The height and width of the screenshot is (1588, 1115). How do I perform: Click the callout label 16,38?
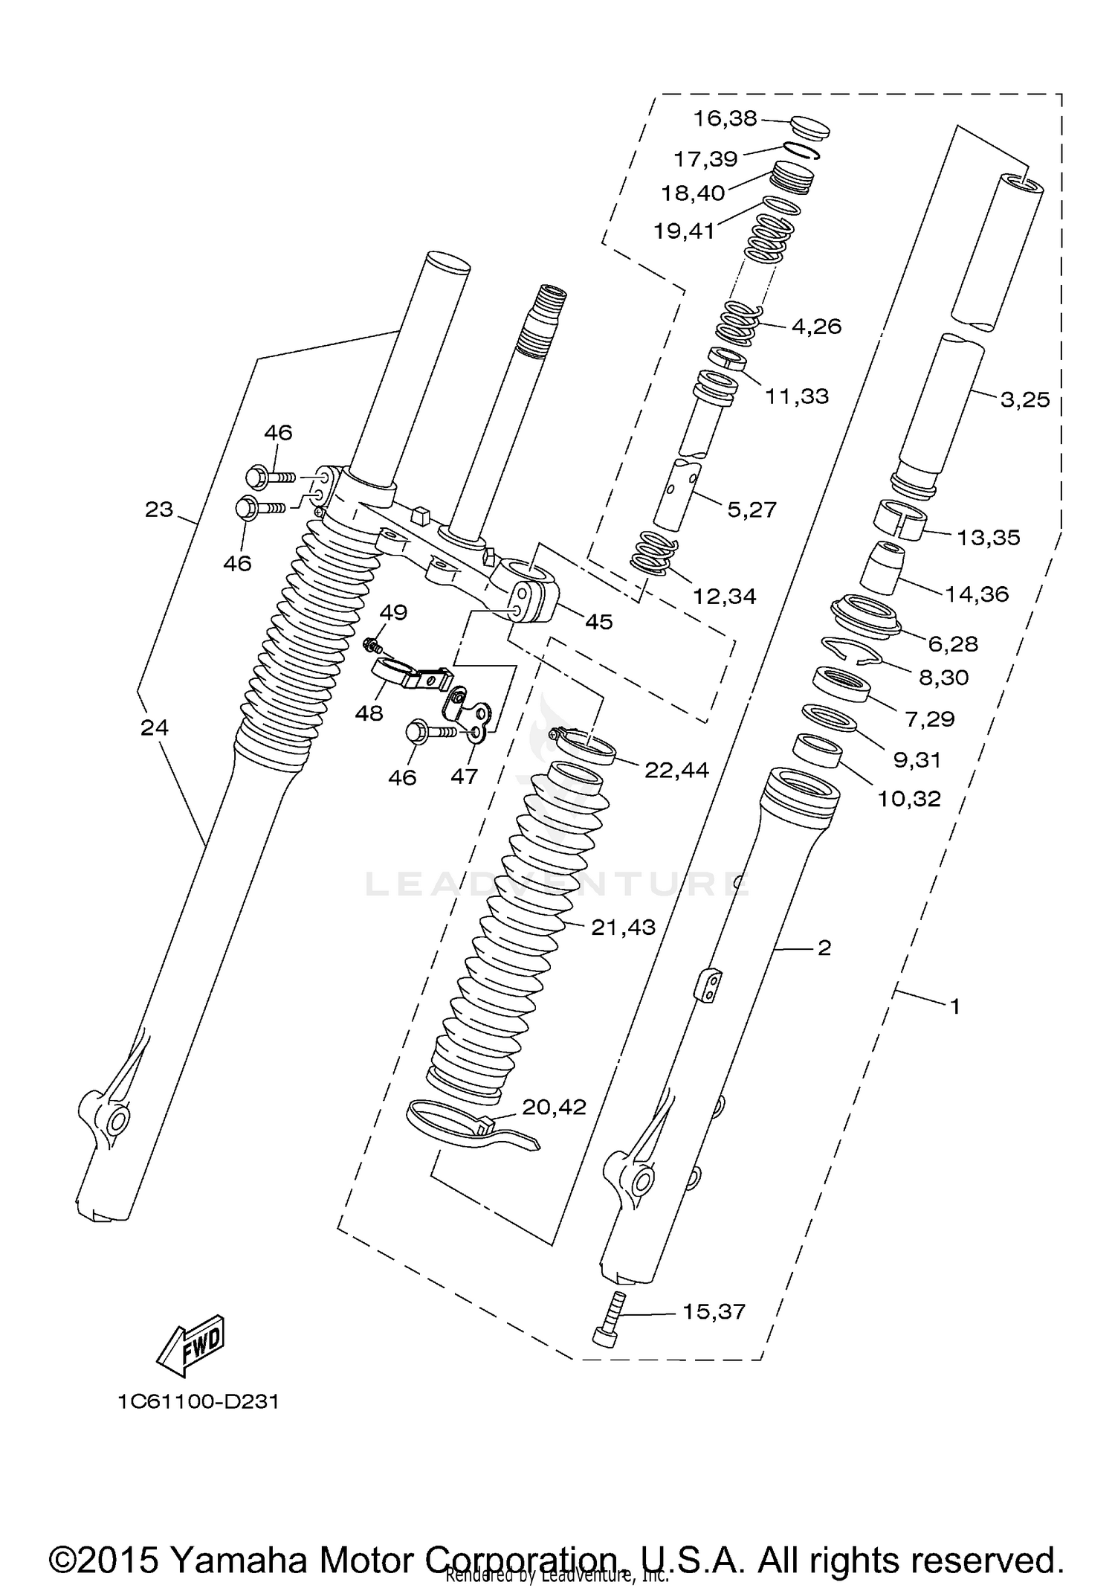pos(725,118)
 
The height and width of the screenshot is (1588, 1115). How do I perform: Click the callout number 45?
pos(598,622)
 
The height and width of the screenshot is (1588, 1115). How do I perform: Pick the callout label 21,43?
pos(623,927)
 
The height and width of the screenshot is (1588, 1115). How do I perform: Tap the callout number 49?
pos(393,612)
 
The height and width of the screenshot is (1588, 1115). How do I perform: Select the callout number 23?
pos(159,509)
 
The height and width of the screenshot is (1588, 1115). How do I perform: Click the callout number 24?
pos(155,727)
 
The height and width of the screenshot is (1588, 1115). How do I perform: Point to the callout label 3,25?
pos(1025,399)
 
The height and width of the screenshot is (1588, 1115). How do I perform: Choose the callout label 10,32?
pos(909,799)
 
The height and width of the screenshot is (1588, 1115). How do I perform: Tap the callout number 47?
pos(465,777)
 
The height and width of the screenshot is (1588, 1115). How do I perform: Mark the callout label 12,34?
pos(724,596)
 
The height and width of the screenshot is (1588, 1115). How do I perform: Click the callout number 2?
pos(824,948)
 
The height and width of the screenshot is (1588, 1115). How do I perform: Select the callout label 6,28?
pos(953,643)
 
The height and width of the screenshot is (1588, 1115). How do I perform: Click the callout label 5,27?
pos(752,509)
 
